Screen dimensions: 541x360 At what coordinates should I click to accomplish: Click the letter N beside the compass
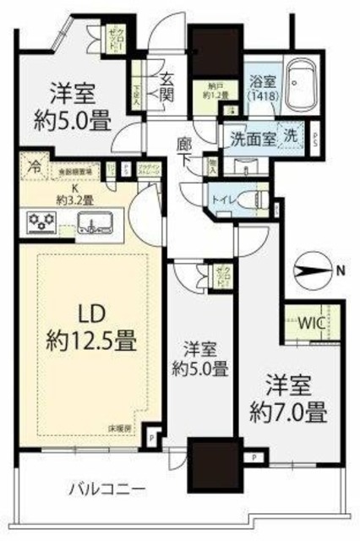(x=339, y=271)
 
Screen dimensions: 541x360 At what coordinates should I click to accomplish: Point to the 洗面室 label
(x=244, y=134)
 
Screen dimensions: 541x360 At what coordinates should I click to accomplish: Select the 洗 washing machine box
(x=290, y=134)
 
